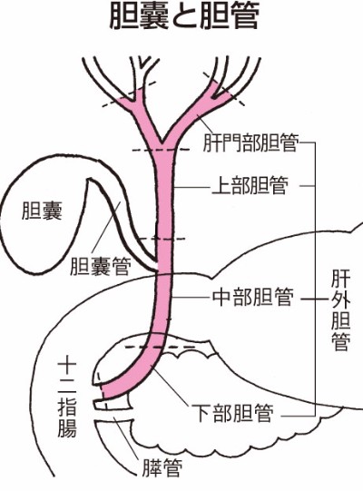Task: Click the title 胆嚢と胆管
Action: tap(184, 17)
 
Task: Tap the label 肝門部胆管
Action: tap(250, 143)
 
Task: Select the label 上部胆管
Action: tap(250, 186)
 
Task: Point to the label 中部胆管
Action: tap(253, 297)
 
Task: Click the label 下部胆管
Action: tap(232, 413)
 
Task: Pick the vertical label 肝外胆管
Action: tap(340, 311)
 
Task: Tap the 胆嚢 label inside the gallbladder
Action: tap(42, 211)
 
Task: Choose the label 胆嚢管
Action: tap(100, 266)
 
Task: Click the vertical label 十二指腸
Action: tap(67, 398)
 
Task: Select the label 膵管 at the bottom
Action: tap(162, 467)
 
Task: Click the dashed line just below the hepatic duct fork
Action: tap(161, 151)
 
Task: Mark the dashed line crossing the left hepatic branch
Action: tap(129, 94)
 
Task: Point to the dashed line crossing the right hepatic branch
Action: tap(223, 89)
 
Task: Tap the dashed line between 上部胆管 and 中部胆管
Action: tap(162, 239)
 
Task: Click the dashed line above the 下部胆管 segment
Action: tap(160, 347)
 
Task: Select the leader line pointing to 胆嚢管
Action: tap(106, 227)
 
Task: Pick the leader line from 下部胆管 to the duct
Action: tap(171, 385)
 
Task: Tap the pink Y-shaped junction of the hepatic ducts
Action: tap(162, 138)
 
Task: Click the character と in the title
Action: tap(184, 17)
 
